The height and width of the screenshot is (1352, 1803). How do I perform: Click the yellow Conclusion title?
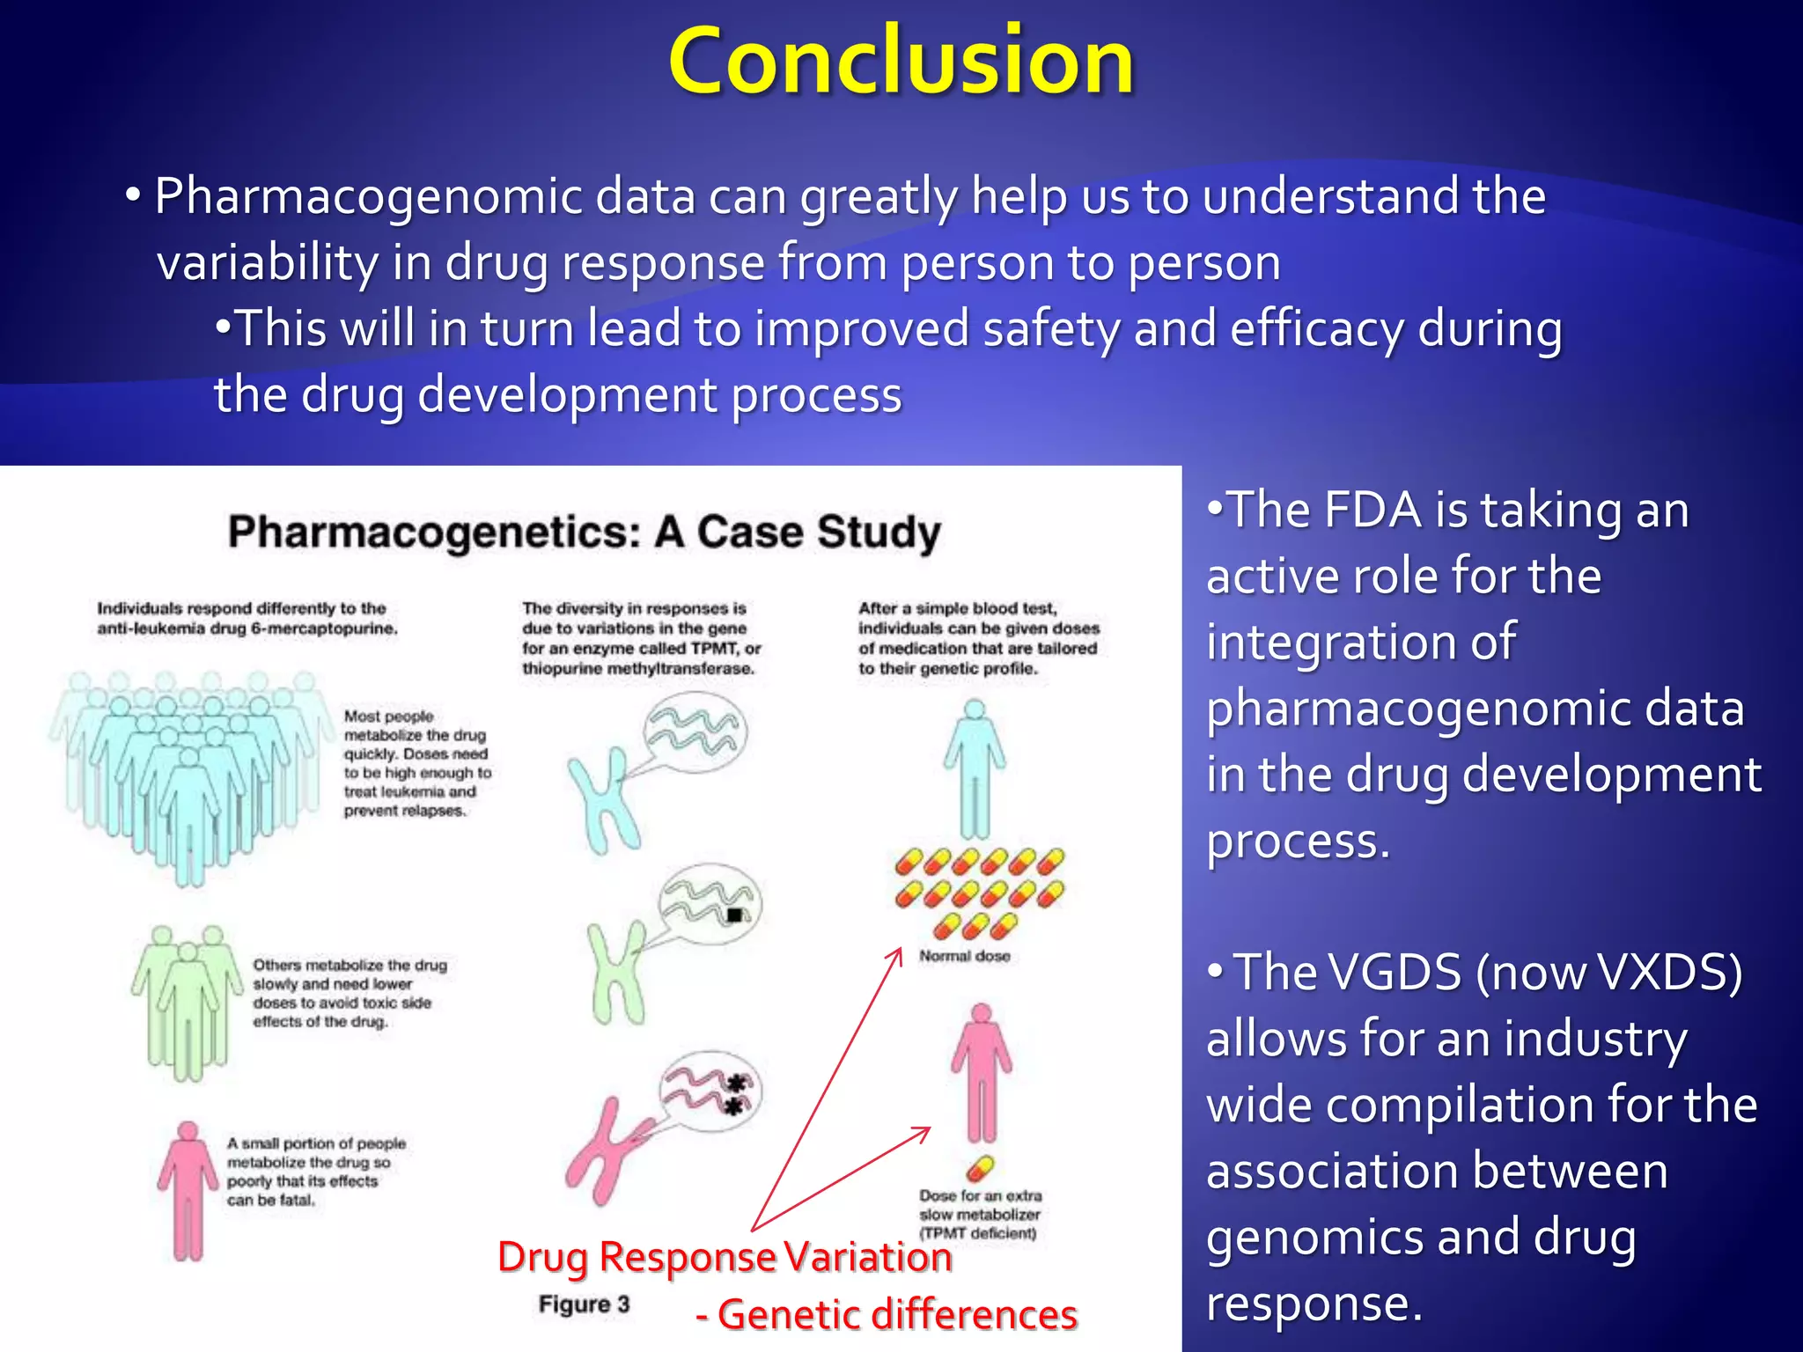[x=901, y=62]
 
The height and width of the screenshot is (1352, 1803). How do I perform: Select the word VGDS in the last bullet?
[x=1347, y=974]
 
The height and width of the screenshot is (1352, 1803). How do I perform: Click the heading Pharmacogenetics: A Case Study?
[x=585, y=533]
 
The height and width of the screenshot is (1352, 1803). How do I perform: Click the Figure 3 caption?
[x=584, y=1304]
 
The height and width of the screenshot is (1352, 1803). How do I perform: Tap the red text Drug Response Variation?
[x=725, y=1257]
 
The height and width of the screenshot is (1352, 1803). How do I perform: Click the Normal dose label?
[x=964, y=956]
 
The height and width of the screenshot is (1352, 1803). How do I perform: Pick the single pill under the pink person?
[x=979, y=1168]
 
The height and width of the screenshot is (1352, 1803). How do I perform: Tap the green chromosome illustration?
[x=616, y=973]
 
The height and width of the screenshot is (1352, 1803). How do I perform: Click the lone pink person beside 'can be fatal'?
[x=187, y=1188]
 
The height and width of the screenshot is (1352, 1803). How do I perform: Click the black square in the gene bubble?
[x=734, y=915]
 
